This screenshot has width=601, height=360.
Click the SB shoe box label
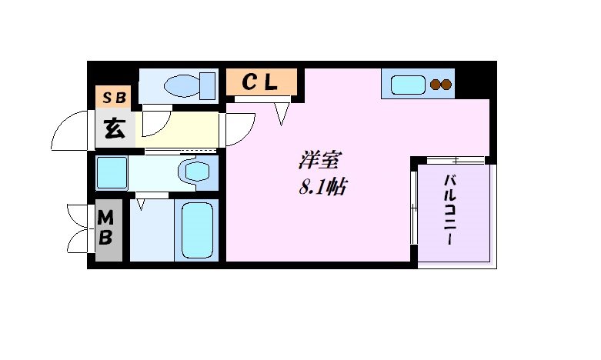pos(113,97)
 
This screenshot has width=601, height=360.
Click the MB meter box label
pos(105,228)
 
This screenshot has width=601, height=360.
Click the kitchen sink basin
pos(408,84)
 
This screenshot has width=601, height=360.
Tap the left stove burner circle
pos(435,85)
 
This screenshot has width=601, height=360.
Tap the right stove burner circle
pos(446,85)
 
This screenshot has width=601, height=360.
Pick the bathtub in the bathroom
pos(197,230)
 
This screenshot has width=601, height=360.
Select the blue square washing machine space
pos(112,172)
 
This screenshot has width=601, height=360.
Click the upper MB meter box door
pos(78,213)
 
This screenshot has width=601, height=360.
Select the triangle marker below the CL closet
pos(282,114)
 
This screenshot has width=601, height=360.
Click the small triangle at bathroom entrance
pos(141,205)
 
